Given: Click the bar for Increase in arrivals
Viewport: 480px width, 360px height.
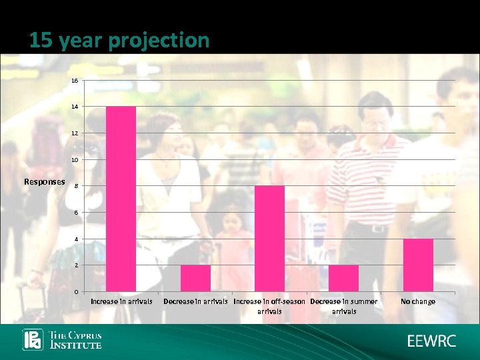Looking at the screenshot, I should tap(121, 199).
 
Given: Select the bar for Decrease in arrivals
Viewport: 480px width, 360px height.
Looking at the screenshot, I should tap(195, 278).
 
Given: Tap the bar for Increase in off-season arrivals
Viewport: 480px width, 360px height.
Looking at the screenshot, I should tap(269, 239).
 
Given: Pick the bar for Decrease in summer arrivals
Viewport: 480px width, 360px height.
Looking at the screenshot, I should tap(344, 278).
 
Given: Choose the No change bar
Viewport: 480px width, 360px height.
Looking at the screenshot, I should tap(418, 265).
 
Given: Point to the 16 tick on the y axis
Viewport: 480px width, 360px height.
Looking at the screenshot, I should tap(75, 81).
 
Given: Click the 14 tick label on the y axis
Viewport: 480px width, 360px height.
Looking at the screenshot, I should tap(75, 107).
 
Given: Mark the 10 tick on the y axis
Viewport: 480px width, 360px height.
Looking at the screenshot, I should tap(75, 160).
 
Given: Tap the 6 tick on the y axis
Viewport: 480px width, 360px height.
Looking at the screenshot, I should tap(76, 213).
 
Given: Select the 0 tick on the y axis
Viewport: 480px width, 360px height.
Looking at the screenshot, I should tap(76, 292).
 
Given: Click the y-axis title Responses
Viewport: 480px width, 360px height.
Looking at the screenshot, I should tap(45, 181).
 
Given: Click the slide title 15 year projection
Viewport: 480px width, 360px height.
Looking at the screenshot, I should tap(119, 41).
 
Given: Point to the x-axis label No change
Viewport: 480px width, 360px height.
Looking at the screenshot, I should tap(418, 301).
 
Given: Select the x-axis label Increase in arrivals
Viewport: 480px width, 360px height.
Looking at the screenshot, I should tap(121, 301).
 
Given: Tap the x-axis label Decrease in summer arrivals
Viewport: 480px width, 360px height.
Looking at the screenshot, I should tap(344, 306).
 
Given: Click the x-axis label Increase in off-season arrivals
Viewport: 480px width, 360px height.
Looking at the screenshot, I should tap(269, 306).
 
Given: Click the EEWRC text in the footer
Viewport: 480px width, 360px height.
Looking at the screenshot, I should tap(432, 341).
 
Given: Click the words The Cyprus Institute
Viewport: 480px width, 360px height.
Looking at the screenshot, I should tap(76, 340).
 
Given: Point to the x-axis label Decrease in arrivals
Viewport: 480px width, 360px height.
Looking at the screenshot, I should tap(195, 301).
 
